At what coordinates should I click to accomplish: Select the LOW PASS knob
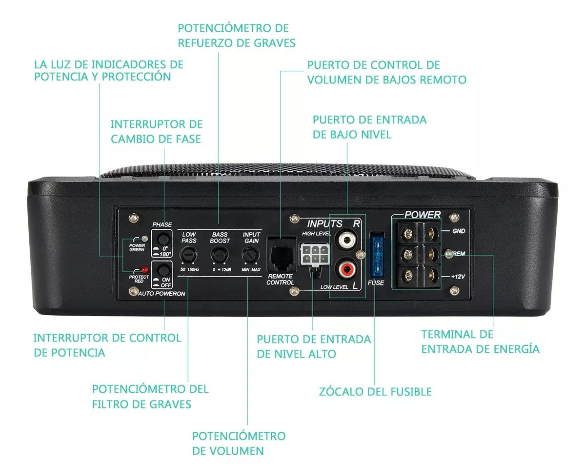click(188, 255)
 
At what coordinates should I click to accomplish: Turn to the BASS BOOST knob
click(219, 255)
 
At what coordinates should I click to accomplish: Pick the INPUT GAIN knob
click(250, 255)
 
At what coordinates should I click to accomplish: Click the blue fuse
click(377, 256)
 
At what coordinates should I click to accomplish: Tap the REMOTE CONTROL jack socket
click(282, 254)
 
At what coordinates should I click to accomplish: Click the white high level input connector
click(315, 254)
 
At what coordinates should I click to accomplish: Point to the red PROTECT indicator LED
click(144, 269)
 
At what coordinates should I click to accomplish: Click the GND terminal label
click(459, 231)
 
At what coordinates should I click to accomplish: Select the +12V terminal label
click(458, 277)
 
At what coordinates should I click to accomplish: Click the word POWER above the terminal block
click(423, 215)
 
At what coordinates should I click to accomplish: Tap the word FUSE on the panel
click(376, 282)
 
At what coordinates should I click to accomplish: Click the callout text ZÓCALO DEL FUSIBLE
click(375, 392)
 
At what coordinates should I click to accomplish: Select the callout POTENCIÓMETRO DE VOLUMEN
click(239, 444)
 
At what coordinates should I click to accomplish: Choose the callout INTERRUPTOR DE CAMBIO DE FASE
click(157, 132)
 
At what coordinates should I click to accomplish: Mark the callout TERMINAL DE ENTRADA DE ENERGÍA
click(481, 342)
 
